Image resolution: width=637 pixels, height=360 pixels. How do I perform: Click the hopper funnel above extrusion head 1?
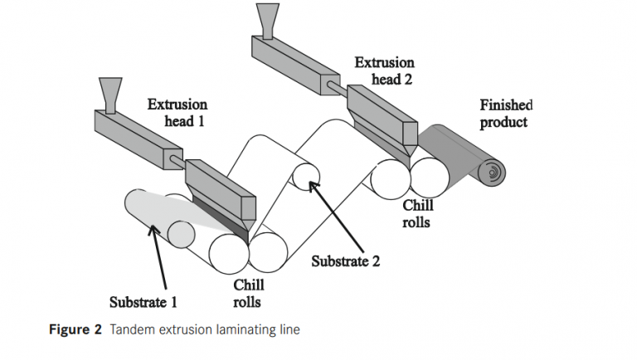coord(109,90)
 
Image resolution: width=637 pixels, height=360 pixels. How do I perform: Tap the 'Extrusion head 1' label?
coord(177,113)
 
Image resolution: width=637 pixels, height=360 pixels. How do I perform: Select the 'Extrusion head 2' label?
coord(386,70)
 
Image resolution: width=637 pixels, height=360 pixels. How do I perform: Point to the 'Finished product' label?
coord(505,114)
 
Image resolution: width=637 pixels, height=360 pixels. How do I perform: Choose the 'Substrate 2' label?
coord(345,261)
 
